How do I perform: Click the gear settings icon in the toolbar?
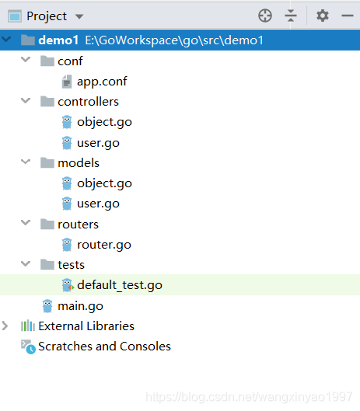pyautogui.click(x=323, y=16)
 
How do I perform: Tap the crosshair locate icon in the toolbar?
pyautogui.click(x=265, y=16)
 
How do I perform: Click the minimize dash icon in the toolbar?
pyautogui.click(x=347, y=16)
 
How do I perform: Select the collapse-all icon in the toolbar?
pyautogui.click(x=291, y=16)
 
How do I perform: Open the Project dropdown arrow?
pyautogui.click(x=79, y=17)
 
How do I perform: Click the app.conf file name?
pyautogui.click(x=102, y=82)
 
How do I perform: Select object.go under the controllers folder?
pyautogui.click(x=104, y=122)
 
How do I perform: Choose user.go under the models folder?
pyautogui.click(x=98, y=204)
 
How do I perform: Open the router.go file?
pyautogui.click(x=104, y=245)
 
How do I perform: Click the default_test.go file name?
pyautogui.click(x=120, y=285)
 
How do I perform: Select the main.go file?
pyautogui.click(x=80, y=306)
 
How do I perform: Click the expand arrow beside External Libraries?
pyautogui.click(x=5, y=326)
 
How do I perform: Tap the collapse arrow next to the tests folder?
pyautogui.click(x=26, y=263)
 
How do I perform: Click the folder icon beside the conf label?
pyautogui.click(x=47, y=61)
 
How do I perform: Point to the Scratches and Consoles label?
pyautogui.click(x=104, y=347)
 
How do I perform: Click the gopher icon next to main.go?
pyautogui.click(x=47, y=306)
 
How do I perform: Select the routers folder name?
pyautogui.click(x=78, y=225)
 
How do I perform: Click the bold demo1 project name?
pyautogui.click(x=58, y=40)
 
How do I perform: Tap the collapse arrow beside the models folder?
pyautogui.click(x=26, y=162)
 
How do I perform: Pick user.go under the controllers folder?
pyautogui.click(x=98, y=143)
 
